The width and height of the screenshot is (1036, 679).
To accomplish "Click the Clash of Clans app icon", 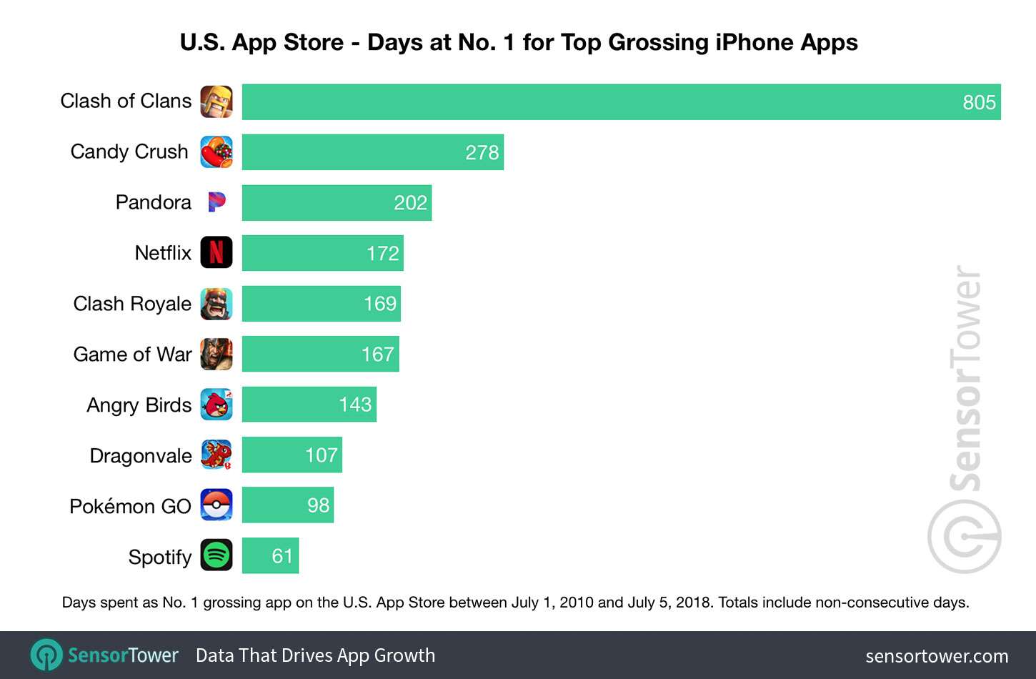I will [x=216, y=101].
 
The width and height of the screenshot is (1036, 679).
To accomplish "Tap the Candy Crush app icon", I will [x=216, y=152].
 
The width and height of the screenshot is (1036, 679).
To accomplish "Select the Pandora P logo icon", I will [x=216, y=202].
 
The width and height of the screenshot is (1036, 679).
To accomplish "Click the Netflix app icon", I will [x=216, y=253].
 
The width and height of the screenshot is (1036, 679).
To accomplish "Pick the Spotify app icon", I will [x=216, y=555].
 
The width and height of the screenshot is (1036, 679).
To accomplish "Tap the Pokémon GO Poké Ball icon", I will [x=216, y=505].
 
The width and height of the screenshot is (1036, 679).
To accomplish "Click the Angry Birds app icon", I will [x=216, y=405].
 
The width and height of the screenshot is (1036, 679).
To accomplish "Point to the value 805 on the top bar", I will [x=978, y=102].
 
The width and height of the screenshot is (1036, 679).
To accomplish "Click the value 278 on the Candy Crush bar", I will [x=482, y=153].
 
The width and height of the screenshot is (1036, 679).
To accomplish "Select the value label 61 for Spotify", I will [x=282, y=556].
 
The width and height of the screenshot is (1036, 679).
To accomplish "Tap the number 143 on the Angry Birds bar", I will [x=355, y=405].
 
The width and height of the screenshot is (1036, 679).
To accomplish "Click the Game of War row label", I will [x=132, y=355].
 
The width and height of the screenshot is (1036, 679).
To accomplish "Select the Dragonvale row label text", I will [x=140, y=456].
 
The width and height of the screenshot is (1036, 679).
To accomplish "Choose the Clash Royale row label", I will [x=132, y=304].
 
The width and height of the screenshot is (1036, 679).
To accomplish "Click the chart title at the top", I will [x=519, y=42].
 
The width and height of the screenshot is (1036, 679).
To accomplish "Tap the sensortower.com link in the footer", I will [x=936, y=656].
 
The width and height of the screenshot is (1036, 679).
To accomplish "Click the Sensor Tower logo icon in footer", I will [x=46, y=655].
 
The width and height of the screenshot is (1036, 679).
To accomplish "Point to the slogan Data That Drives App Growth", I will [x=315, y=655].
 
